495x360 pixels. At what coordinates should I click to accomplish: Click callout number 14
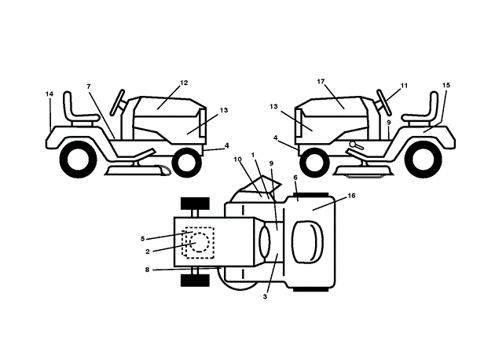(49, 94)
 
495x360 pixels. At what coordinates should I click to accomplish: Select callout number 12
(184, 83)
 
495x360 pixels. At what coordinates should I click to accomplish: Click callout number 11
(404, 85)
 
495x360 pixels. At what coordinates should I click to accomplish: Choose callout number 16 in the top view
(350, 195)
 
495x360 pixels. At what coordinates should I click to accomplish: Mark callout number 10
(237, 160)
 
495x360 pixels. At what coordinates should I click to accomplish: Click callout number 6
(295, 178)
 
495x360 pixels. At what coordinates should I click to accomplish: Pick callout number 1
(253, 155)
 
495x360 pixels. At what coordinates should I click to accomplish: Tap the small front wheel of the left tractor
(186, 162)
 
